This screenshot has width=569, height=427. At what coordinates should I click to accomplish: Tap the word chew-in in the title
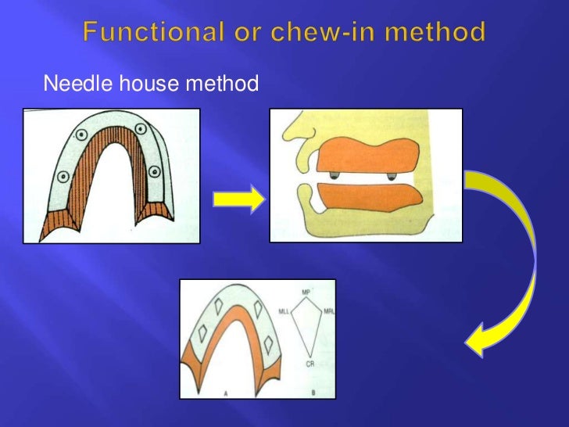(x=320, y=34)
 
